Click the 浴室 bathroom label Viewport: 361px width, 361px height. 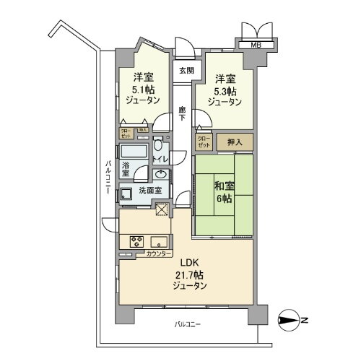(126, 168)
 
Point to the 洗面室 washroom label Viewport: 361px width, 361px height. (150, 191)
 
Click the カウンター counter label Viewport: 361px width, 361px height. (158, 254)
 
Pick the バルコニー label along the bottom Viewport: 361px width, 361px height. (188, 325)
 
